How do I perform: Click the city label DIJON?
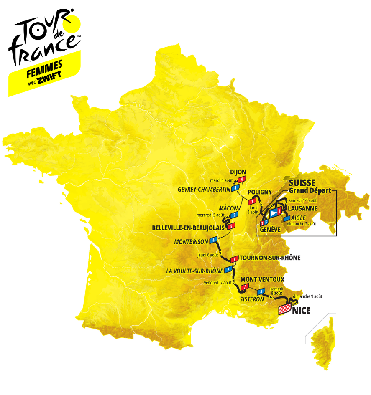(238, 172)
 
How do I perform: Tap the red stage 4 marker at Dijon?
(241, 180)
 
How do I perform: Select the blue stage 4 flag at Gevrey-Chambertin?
(236, 188)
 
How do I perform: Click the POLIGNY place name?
(260, 192)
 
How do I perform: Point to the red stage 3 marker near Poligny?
(251, 201)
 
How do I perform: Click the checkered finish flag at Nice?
(284, 309)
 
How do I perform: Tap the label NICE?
(301, 311)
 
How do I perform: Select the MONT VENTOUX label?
(263, 279)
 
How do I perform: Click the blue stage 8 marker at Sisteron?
(262, 291)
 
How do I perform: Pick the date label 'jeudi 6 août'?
(208, 255)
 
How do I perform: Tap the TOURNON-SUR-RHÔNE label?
(270, 258)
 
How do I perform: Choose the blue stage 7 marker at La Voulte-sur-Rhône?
(228, 269)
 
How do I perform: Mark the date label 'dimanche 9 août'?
(308, 296)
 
